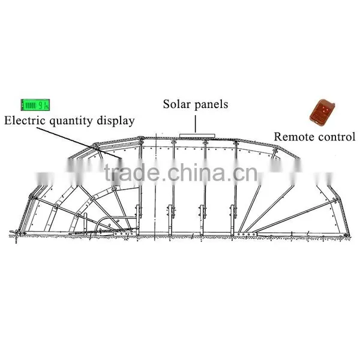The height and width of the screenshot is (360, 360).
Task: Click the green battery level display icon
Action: (x=35, y=105)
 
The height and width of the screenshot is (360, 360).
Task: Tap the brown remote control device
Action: (x=322, y=112)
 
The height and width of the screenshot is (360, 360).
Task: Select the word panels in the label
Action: (x=211, y=104)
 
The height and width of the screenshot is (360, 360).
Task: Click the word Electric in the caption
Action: (x=25, y=121)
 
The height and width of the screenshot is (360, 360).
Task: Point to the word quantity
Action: (x=71, y=121)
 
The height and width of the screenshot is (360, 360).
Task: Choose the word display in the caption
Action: (x=115, y=121)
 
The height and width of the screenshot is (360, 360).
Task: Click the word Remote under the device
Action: (x=291, y=137)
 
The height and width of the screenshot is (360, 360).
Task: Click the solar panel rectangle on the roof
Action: (x=197, y=136)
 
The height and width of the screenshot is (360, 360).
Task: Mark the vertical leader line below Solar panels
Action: (x=196, y=124)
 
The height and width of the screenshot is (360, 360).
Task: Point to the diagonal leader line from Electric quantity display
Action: (x=79, y=143)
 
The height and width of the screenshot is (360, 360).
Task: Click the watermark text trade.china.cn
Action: (x=181, y=173)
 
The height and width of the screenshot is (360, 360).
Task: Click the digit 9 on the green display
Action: (x=41, y=106)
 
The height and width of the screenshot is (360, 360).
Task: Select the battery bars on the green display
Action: (x=31, y=106)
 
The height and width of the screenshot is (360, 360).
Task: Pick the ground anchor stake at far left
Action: (x=16, y=235)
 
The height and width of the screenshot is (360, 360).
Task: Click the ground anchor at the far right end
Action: (x=347, y=235)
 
